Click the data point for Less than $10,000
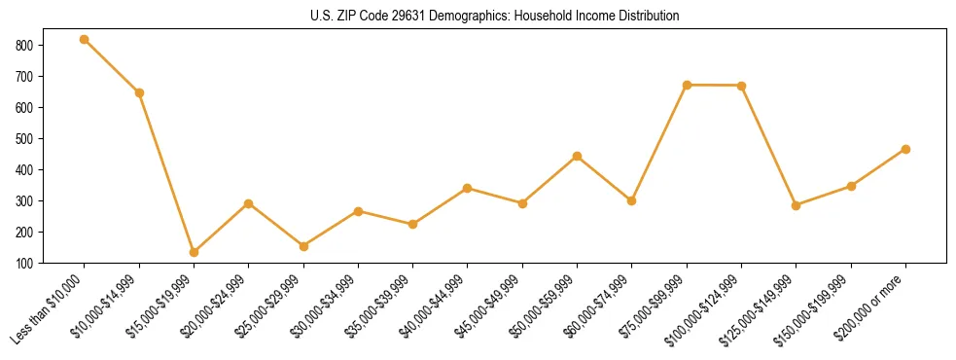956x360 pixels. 85,39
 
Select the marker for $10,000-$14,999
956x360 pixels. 139,92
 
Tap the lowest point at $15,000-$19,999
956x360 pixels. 194,252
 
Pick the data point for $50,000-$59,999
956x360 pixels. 578,156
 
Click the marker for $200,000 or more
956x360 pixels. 905,149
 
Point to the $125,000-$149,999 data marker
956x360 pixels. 797,205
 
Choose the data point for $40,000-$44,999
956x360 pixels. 468,188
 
